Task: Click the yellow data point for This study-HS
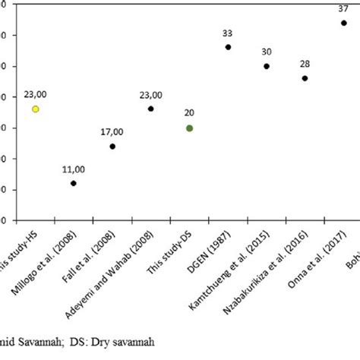(35, 109)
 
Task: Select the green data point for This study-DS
(189, 128)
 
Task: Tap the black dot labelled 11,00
(74, 183)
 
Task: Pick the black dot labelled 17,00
(112, 147)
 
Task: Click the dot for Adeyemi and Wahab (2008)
(150, 109)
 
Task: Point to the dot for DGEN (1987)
(228, 47)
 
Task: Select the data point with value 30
(267, 66)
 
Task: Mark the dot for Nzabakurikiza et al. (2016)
(305, 78)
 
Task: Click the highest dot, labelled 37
(343, 23)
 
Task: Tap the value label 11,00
(74, 169)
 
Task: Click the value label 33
(228, 33)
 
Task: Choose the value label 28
(305, 65)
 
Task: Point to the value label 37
(343, 9)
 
